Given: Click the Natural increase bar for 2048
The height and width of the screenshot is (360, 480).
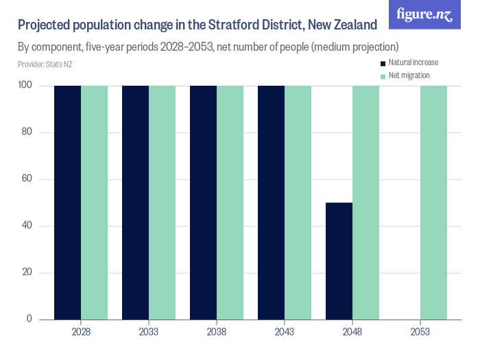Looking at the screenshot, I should tap(339, 261).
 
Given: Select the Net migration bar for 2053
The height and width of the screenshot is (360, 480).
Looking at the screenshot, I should tap(433, 202).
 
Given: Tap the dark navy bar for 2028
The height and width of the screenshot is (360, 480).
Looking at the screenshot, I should tap(68, 202).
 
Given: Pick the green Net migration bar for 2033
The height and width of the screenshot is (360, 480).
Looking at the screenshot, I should tap(162, 202).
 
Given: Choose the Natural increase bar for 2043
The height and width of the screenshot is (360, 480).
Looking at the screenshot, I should tap(272, 202).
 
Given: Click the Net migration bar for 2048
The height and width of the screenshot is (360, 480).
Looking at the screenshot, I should tap(365, 202).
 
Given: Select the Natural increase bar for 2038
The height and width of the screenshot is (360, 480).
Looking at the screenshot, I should tap(204, 202).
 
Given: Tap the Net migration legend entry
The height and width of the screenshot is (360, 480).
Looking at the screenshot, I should tap(409, 75).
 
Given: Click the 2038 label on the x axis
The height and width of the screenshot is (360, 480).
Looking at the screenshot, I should tap(217, 332).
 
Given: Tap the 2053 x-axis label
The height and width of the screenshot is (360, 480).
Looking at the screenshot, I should tap(420, 332).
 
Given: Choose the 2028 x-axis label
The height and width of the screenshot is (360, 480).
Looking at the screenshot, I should tap(81, 332).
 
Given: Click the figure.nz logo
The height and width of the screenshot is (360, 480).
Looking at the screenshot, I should tap(424, 14).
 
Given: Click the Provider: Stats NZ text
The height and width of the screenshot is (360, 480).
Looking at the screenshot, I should tap(45, 64).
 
